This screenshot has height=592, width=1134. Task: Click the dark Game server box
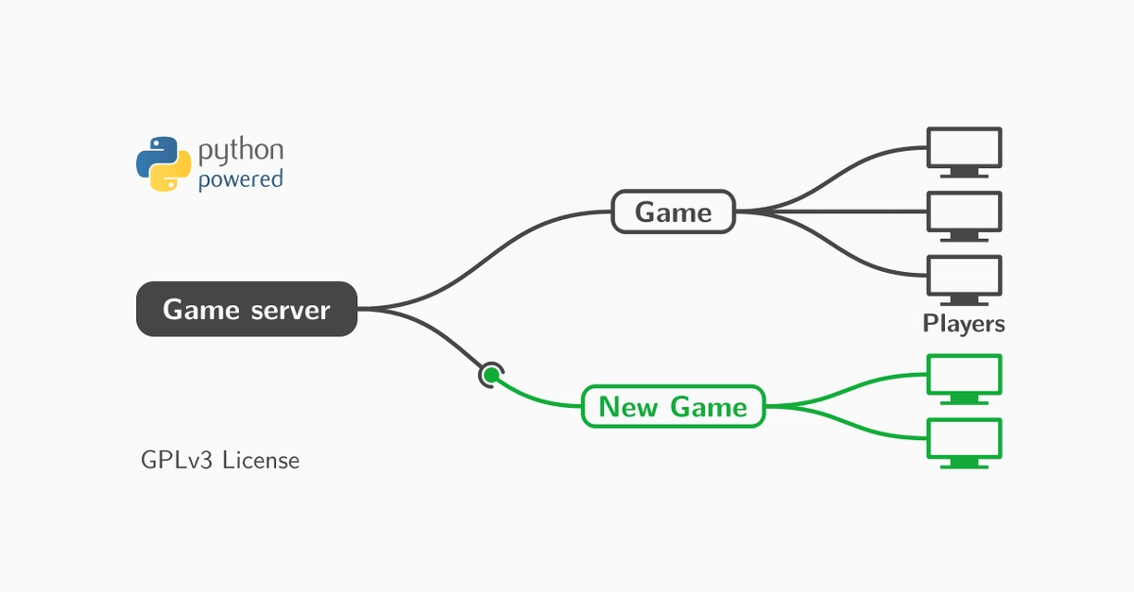(247, 309)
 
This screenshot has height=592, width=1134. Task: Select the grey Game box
(673, 211)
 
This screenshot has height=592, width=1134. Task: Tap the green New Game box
(673, 406)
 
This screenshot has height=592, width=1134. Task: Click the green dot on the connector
(491, 375)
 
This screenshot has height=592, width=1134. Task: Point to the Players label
(964, 323)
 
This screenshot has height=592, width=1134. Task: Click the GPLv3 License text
(220, 461)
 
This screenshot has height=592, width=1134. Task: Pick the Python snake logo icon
(163, 163)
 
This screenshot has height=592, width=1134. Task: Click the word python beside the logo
(240, 150)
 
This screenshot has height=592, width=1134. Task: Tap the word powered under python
(240, 179)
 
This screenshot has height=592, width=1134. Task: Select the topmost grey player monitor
(965, 152)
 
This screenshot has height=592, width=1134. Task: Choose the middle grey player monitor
(965, 216)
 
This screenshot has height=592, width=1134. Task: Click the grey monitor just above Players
(965, 280)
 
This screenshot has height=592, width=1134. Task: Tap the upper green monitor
(965, 379)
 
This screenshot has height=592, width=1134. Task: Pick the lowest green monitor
(965, 443)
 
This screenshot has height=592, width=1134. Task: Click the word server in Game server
(291, 310)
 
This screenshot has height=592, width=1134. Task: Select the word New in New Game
(628, 406)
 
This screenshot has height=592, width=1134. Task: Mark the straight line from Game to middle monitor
(831, 211)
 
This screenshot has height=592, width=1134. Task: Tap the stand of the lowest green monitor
(965, 464)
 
